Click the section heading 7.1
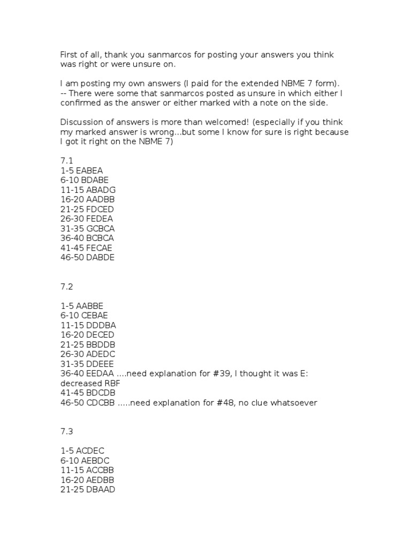click(x=66, y=161)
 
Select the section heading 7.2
click(x=66, y=286)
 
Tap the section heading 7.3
click(x=66, y=431)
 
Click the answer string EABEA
click(x=89, y=170)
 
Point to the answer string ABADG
click(x=101, y=190)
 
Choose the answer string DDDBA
click(x=101, y=325)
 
